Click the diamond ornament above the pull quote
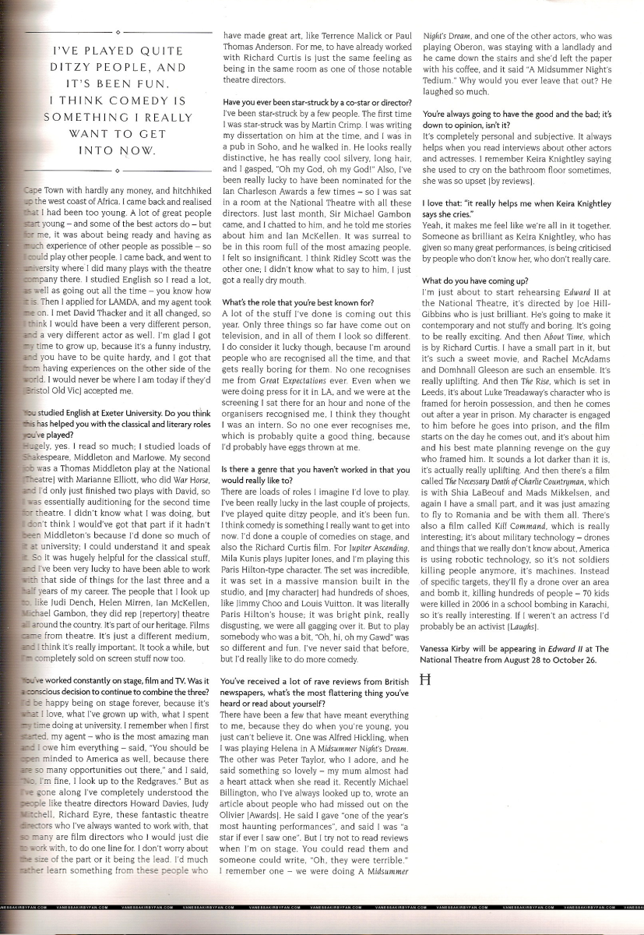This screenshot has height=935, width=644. (115, 33)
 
